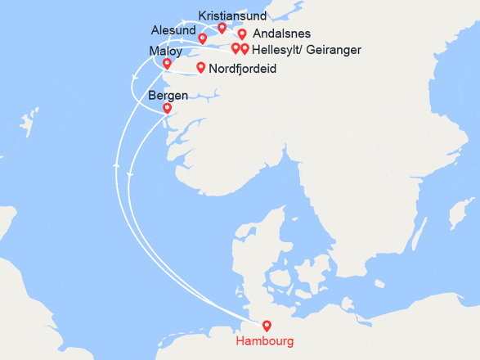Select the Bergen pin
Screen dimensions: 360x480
(x=167, y=107)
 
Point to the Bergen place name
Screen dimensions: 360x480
(x=168, y=96)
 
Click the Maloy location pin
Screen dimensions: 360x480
(x=167, y=63)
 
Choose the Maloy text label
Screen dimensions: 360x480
(x=166, y=51)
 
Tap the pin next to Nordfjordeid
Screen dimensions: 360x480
(x=200, y=67)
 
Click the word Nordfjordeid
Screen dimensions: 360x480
(x=243, y=69)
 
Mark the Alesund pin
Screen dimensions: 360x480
(x=203, y=38)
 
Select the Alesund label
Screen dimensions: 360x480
(x=173, y=30)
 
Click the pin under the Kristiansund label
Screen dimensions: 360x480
(x=222, y=28)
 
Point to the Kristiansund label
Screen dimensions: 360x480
(x=232, y=16)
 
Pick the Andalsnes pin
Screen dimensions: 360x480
(x=242, y=34)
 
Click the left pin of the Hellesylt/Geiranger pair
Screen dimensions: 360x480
(x=236, y=48)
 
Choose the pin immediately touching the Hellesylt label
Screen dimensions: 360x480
(x=244, y=49)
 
